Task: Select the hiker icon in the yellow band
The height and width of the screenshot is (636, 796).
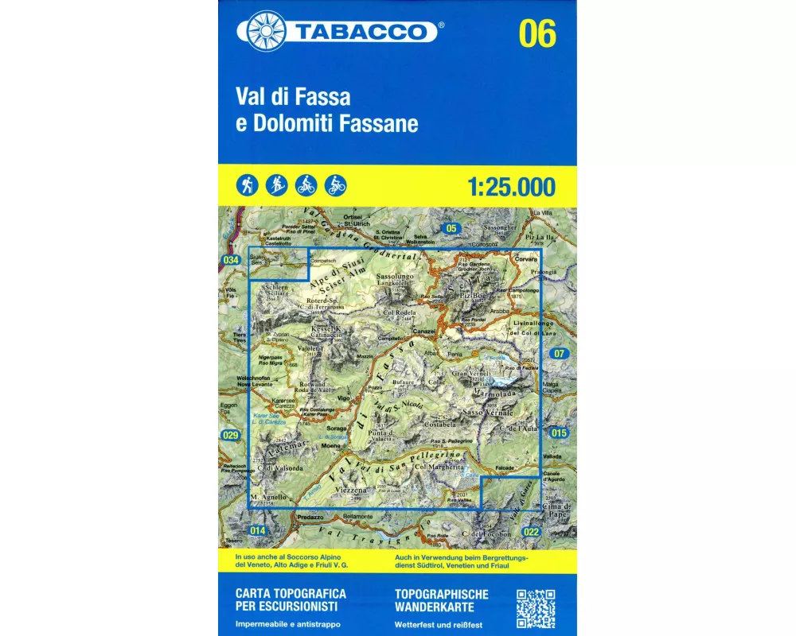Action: pos(244,185)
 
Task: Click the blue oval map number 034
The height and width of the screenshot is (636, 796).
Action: pos(231,261)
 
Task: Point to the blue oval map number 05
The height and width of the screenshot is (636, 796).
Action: pos(452,229)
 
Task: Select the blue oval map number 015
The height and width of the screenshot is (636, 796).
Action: pos(559,432)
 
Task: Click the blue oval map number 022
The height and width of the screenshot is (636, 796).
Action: pos(533,532)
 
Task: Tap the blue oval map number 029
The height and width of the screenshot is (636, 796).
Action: pos(231,435)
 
